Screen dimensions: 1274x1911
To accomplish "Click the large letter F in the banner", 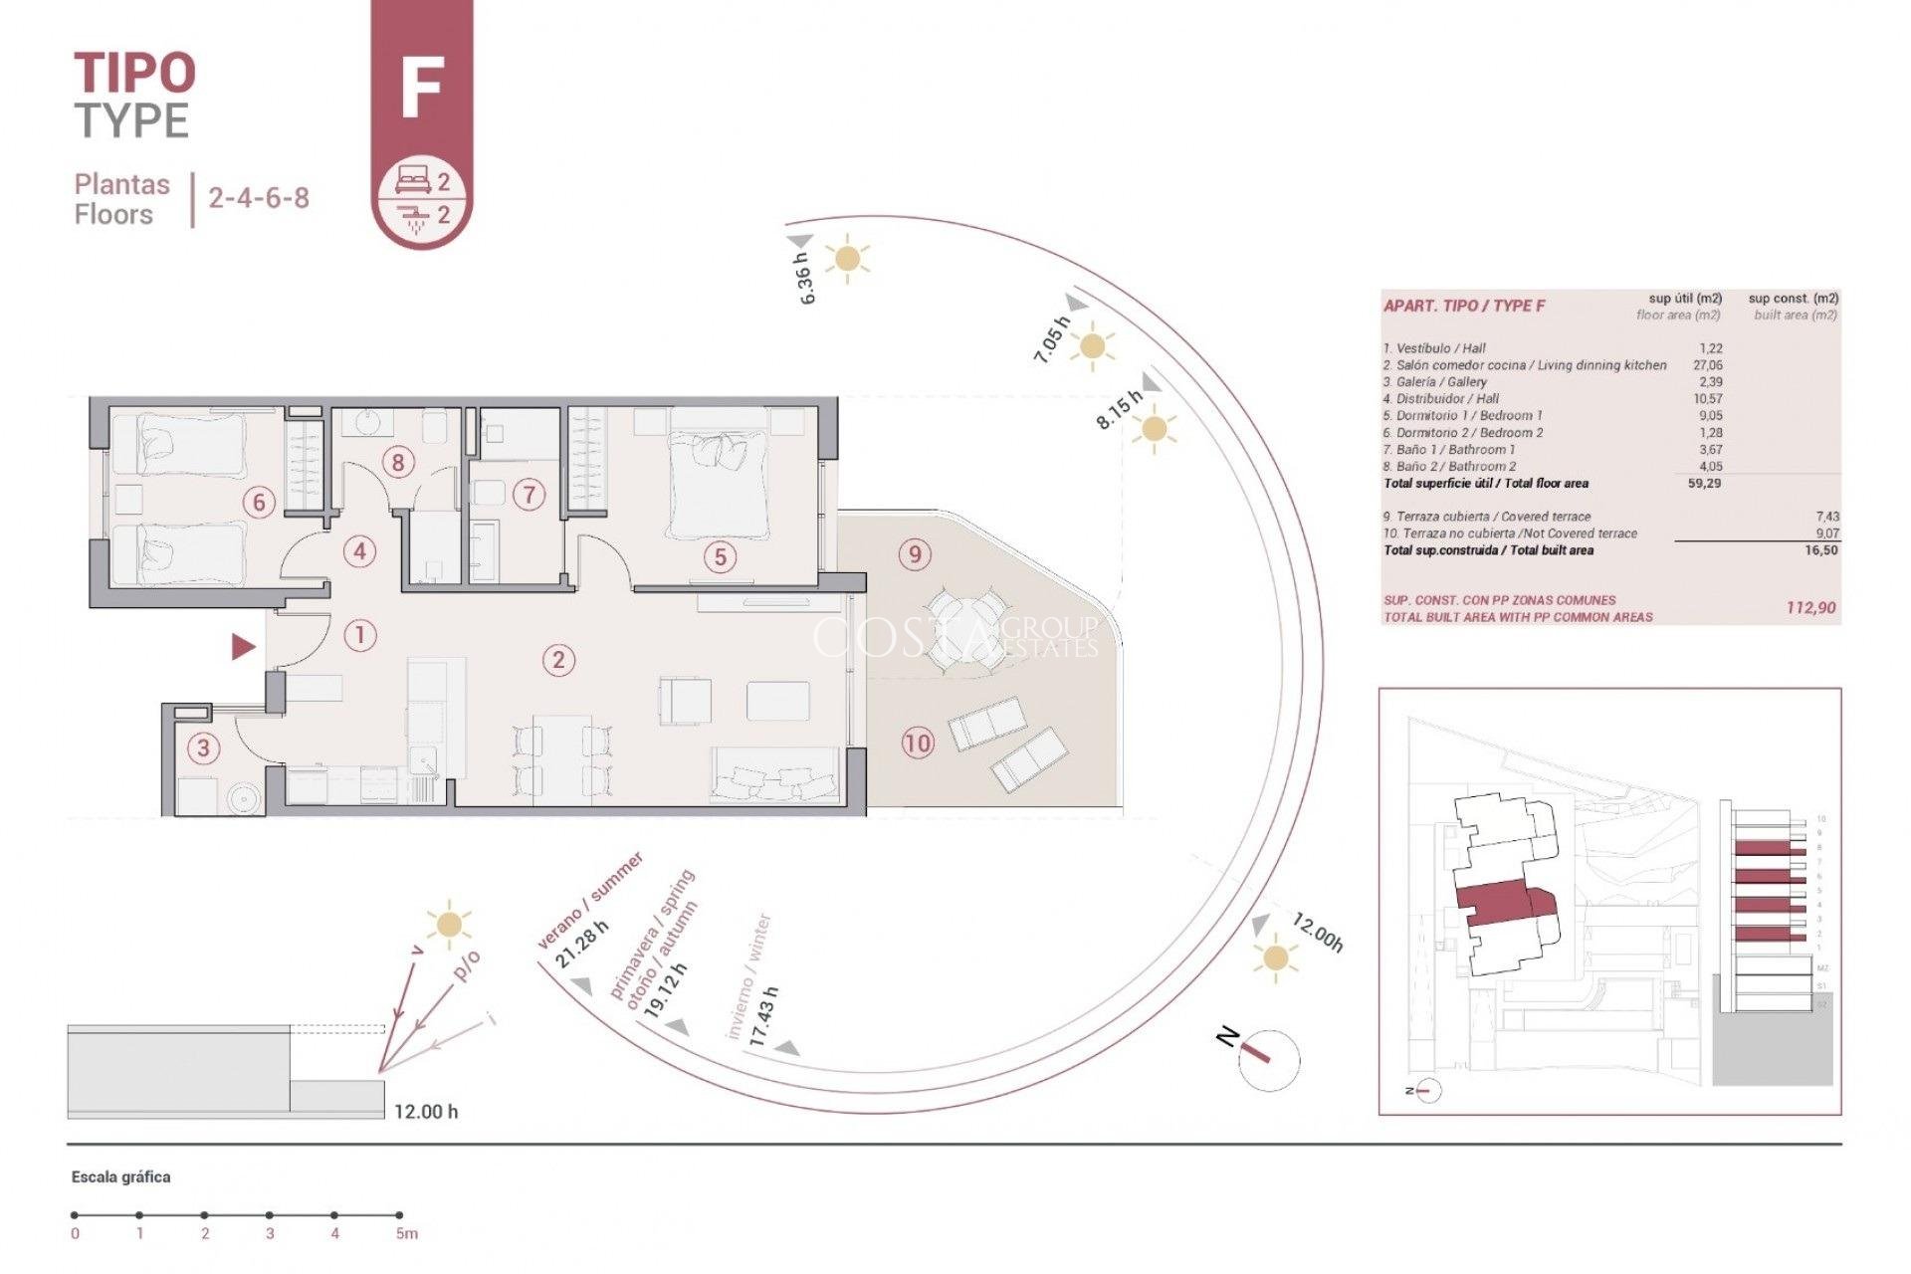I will point(421,89).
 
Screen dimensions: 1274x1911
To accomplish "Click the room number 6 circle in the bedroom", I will point(259,502).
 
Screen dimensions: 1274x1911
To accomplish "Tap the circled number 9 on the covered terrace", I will point(915,553).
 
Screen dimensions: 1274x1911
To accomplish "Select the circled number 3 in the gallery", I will point(204,747).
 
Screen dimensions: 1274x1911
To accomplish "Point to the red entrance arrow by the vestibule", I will point(243,648).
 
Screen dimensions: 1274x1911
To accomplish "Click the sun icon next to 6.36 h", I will point(847,259).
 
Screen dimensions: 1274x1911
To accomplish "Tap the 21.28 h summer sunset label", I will point(581,947).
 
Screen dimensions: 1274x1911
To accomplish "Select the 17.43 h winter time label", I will point(764,1016).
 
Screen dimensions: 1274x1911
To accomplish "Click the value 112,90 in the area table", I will point(1811,607).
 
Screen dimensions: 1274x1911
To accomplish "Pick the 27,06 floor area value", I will point(1708,365).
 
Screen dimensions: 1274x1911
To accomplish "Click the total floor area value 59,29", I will point(1704,483).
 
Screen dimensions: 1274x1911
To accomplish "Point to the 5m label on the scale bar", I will point(406,1234).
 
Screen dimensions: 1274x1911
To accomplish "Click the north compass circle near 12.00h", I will point(1270,1060).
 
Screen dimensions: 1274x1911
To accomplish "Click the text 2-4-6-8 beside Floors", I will point(259,197).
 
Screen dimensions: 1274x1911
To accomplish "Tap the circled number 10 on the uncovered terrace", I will point(917,743).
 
